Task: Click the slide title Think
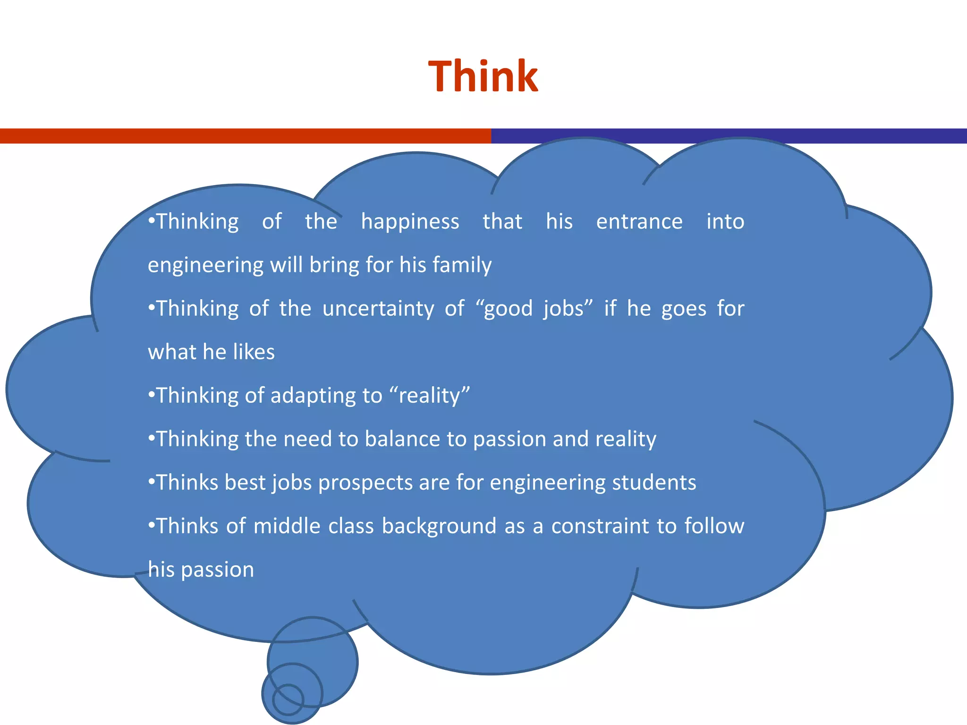pyautogui.click(x=483, y=76)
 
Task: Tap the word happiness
pyautogui.click(x=410, y=222)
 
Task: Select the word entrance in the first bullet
pyautogui.click(x=639, y=221)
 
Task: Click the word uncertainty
pyautogui.click(x=378, y=309)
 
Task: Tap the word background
pyautogui.click(x=439, y=526)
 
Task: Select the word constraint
pyautogui.click(x=603, y=526)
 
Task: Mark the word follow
pyautogui.click(x=714, y=526)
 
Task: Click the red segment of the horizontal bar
pyautogui.click(x=246, y=136)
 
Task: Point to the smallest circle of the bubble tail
pyautogui.click(x=288, y=700)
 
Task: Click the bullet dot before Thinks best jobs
pyautogui.click(x=152, y=482)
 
